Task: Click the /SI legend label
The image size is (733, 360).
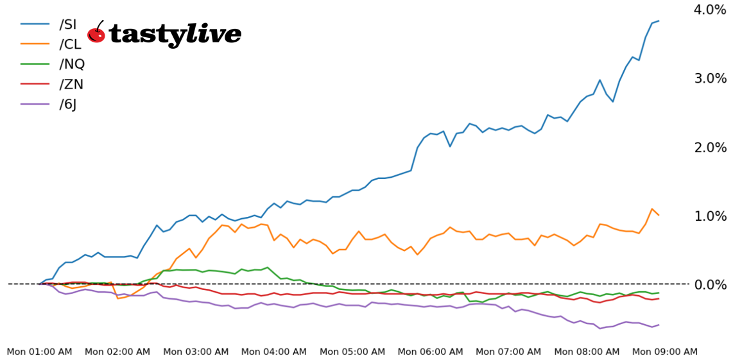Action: [67, 24]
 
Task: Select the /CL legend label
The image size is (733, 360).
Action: [70, 44]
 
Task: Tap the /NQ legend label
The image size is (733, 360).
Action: [72, 64]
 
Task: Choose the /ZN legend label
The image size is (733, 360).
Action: [71, 84]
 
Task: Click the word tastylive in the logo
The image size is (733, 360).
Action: [175, 34]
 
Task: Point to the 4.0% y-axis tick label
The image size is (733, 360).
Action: [709, 10]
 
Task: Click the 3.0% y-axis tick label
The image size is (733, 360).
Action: [709, 78]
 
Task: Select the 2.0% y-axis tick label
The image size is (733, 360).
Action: [709, 147]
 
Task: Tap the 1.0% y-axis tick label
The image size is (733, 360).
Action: [709, 216]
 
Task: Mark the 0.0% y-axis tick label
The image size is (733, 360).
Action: [709, 284]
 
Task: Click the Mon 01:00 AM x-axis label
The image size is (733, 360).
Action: [39, 352]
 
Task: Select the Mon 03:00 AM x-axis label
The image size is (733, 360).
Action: [196, 352]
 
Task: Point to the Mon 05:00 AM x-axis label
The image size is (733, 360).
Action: [352, 352]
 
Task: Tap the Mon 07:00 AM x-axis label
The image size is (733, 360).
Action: [508, 352]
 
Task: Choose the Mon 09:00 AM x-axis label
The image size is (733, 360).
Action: [664, 352]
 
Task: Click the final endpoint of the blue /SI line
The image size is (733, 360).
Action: [659, 21]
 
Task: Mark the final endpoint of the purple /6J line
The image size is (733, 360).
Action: [659, 325]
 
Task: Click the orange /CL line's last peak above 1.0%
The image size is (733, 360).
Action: [652, 209]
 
